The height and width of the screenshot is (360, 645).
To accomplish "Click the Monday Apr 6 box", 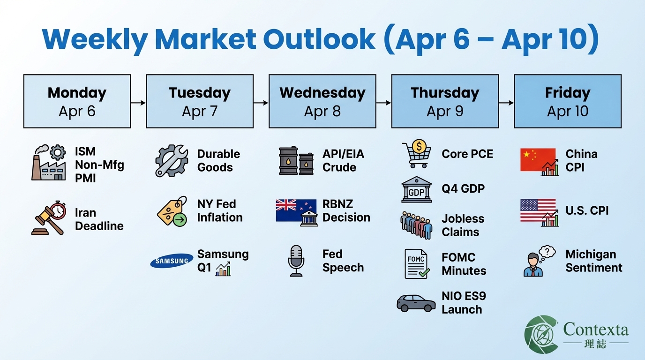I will (77, 101).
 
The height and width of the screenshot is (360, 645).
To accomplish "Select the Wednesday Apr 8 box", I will (322, 101).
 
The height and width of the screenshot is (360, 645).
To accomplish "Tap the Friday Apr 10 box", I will (567, 101).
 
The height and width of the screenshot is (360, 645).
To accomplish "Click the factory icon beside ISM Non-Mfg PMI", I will (49, 163).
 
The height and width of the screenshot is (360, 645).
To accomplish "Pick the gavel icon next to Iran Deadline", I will (49, 217).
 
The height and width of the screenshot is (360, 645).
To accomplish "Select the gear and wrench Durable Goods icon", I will (172, 160).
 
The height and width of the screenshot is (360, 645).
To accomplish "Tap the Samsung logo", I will (172, 261).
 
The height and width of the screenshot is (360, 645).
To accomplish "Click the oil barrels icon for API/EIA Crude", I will (296, 161).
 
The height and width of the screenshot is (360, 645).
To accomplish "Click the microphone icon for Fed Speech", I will (296, 261).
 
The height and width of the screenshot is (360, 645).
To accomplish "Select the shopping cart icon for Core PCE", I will (416, 155).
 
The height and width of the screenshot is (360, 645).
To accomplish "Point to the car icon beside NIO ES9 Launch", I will (416, 303).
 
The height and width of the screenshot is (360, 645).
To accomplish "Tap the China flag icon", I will (538, 161).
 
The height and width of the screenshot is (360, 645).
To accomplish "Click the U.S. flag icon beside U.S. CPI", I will (538, 211).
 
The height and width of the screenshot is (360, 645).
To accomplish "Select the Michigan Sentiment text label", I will (593, 261).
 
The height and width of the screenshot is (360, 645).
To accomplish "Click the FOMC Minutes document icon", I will (416, 264).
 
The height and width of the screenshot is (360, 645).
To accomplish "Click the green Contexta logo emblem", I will (541, 334).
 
